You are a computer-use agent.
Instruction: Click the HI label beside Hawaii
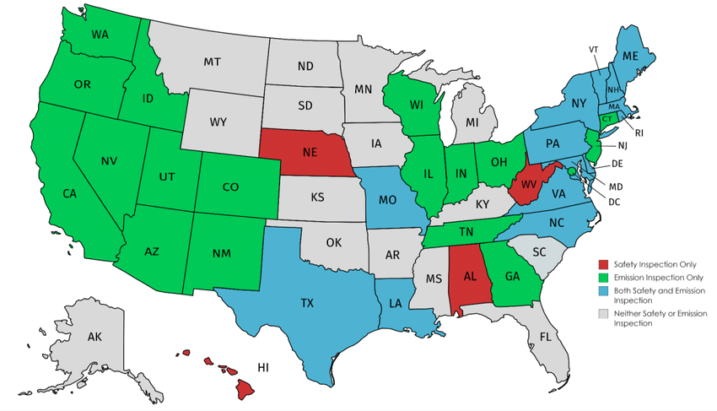point(264,368)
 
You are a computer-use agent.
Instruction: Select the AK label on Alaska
point(94,337)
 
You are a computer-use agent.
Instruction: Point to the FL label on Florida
point(545,335)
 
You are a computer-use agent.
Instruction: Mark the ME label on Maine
point(630,56)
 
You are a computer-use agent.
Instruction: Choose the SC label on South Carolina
point(537,251)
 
